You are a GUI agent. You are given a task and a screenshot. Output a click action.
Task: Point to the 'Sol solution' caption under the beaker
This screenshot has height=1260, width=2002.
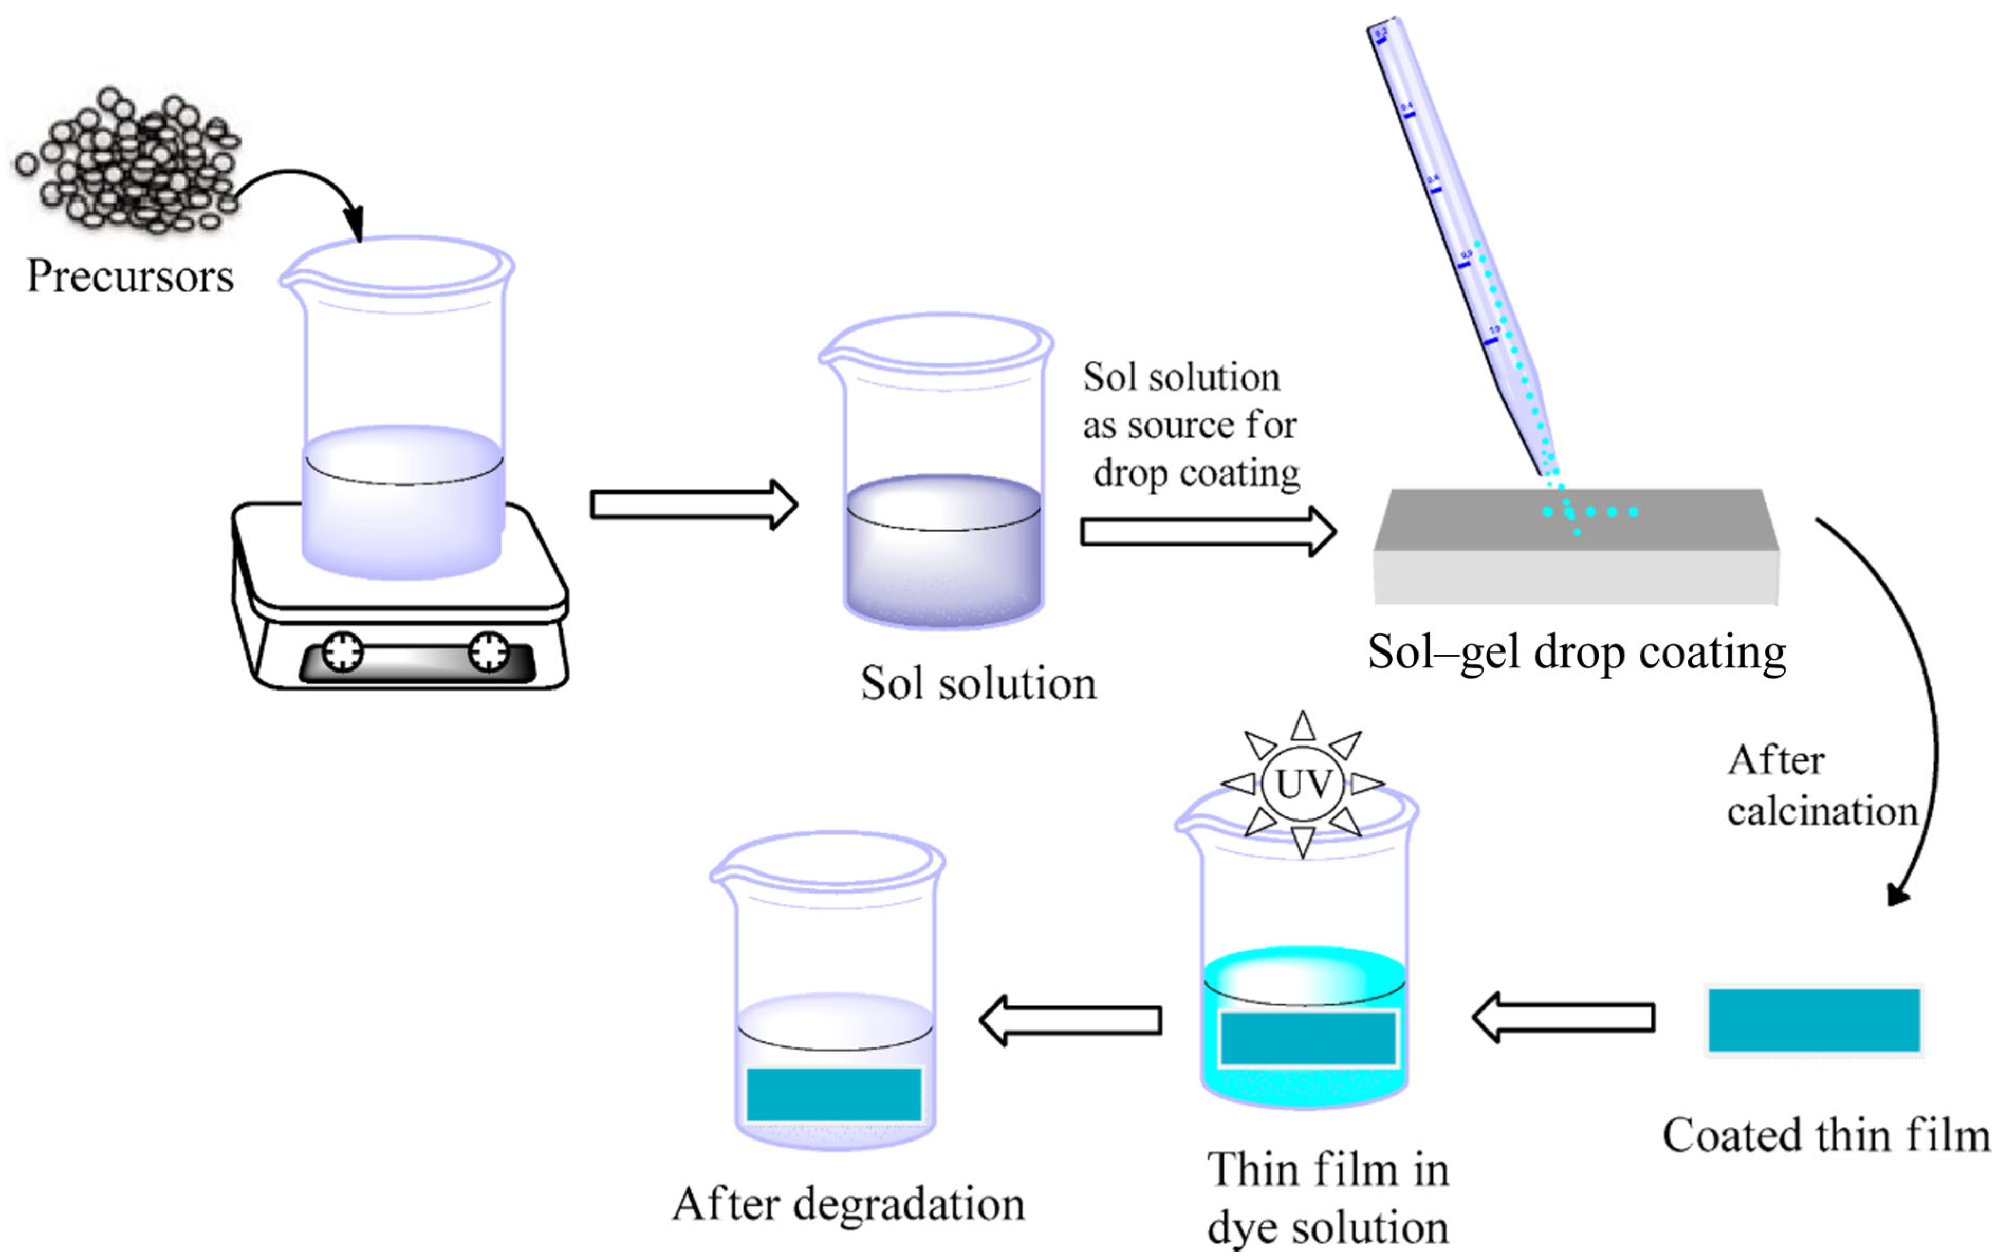[979, 684]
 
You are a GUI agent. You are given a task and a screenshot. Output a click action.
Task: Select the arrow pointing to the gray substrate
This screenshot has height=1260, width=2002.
[1207, 531]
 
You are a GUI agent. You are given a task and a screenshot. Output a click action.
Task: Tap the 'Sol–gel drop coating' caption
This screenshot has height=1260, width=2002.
[1577, 653]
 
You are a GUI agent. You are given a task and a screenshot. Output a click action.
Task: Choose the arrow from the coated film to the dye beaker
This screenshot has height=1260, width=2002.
[1563, 1017]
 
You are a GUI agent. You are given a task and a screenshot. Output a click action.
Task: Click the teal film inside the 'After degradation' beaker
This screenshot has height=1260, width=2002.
[833, 1093]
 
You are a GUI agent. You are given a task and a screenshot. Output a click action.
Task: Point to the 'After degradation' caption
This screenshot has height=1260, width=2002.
[848, 1204]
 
